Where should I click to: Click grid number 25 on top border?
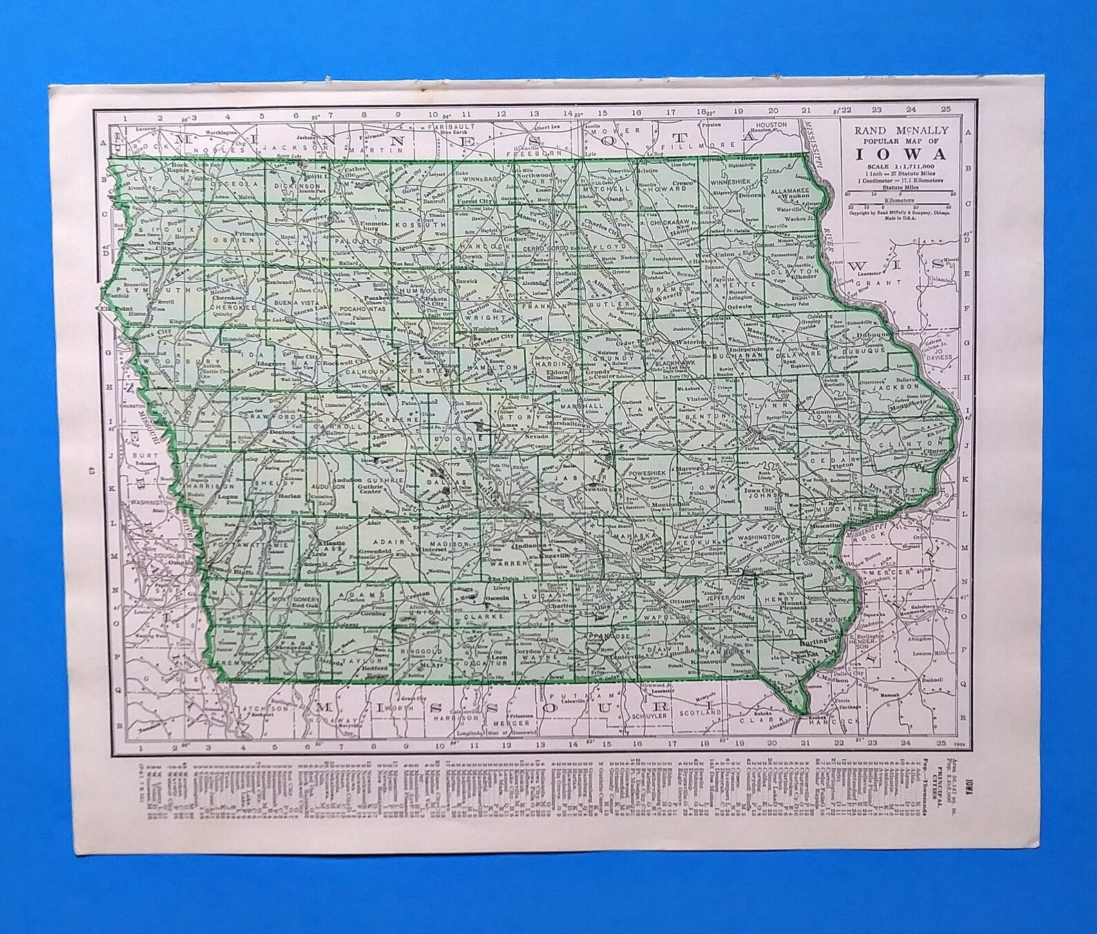[945, 108]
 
